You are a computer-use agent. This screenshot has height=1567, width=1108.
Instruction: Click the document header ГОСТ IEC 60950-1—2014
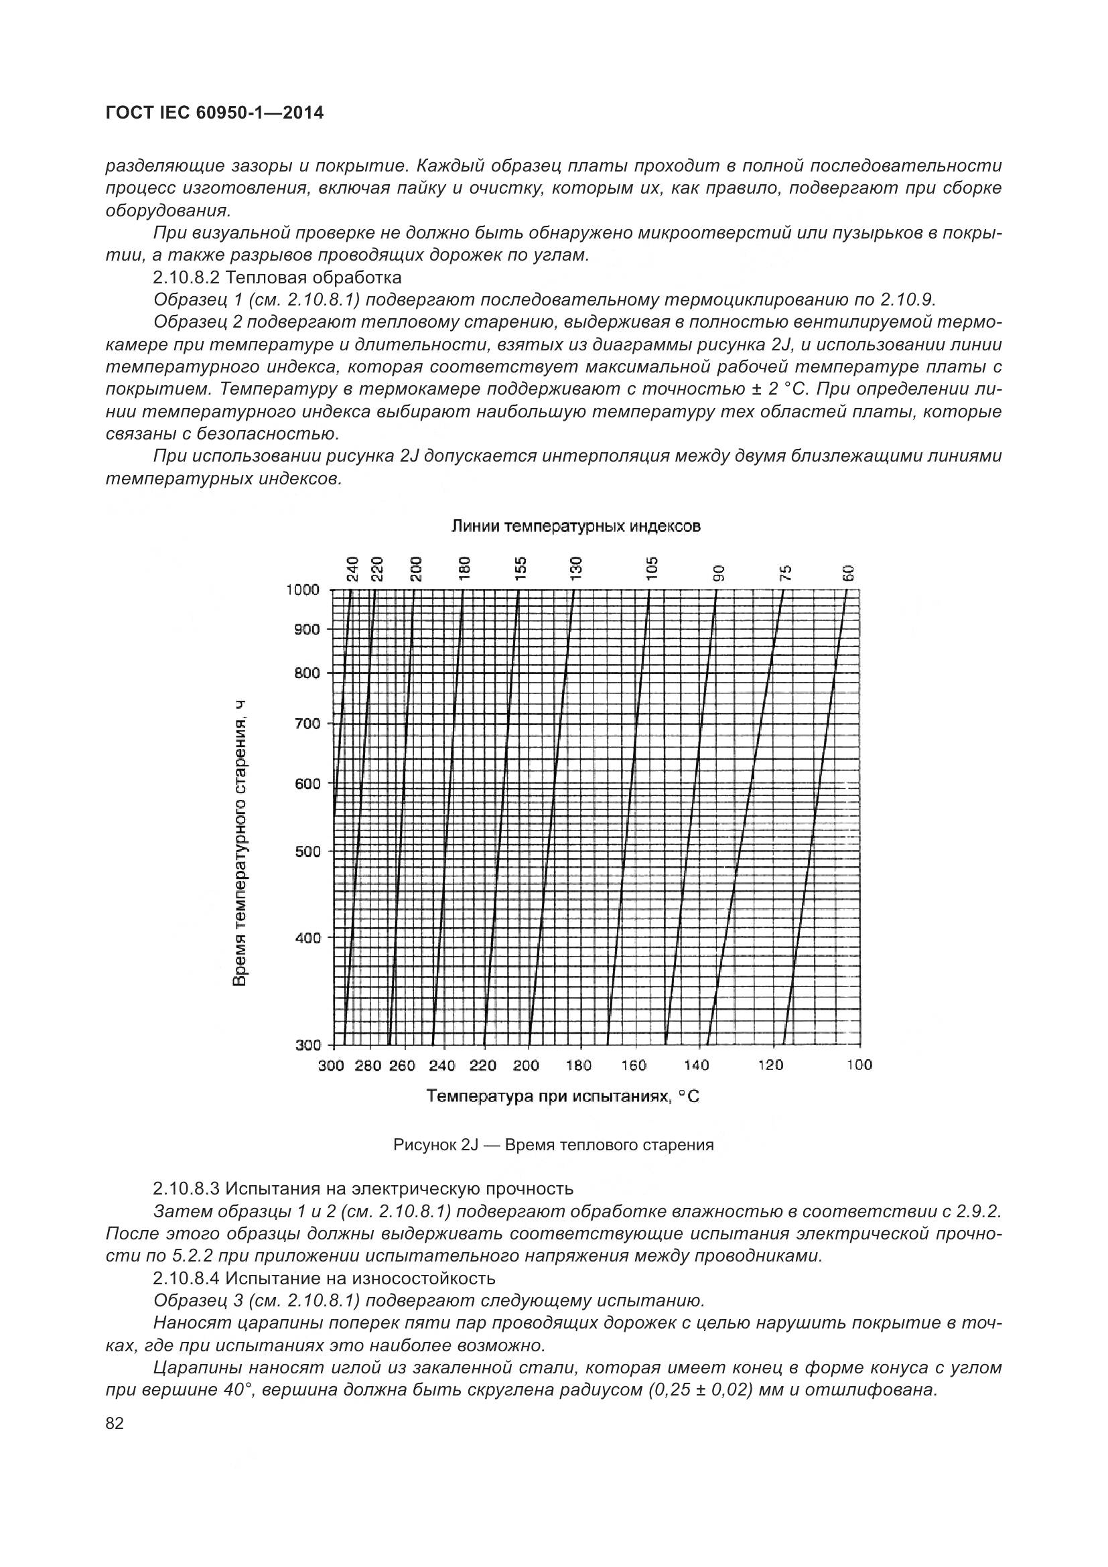tap(214, 113)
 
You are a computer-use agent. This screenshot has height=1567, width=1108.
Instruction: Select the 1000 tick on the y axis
tap(302, 590)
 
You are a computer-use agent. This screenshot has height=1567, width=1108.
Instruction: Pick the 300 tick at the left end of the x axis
tap(331, 1065)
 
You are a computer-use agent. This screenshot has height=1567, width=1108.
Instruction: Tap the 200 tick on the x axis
tap(526, 1065)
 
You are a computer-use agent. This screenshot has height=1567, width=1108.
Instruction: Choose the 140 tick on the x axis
tap(697, 1065)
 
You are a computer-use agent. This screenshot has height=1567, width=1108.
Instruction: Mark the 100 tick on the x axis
tap(859, 1065)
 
